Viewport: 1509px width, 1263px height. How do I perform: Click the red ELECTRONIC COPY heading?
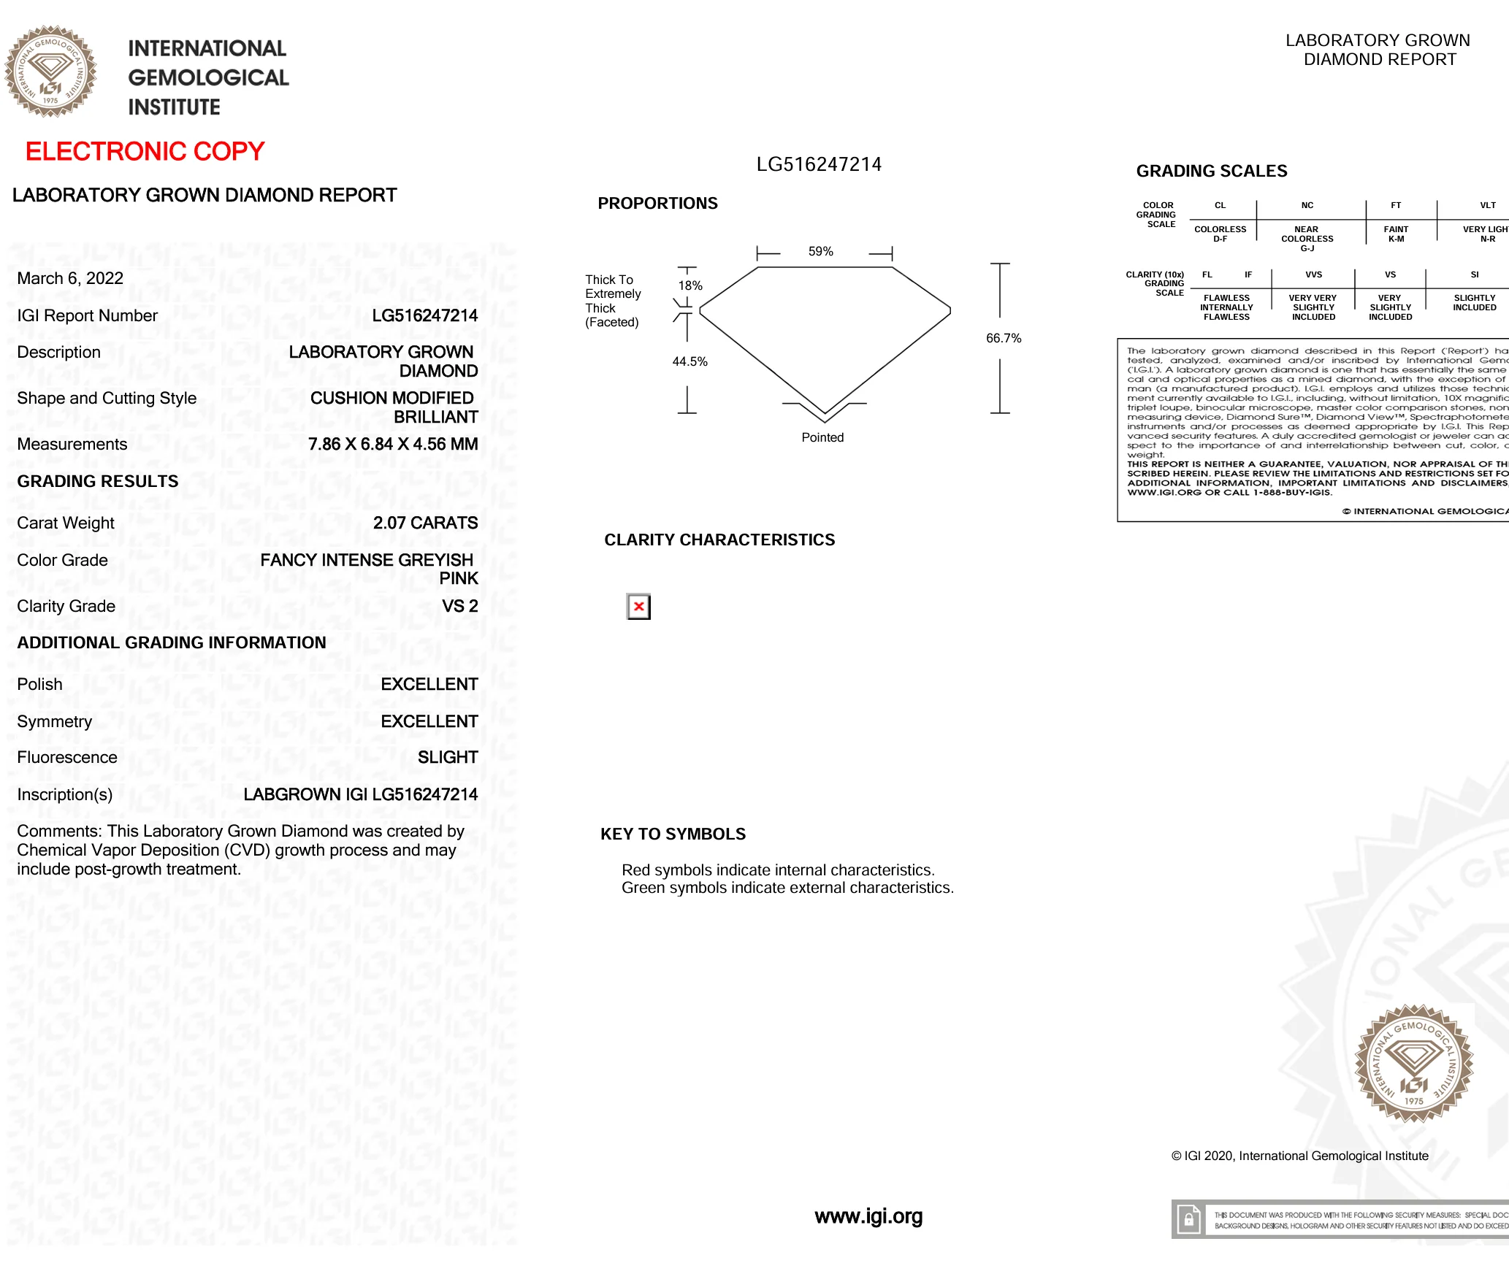click(x=145, y=151)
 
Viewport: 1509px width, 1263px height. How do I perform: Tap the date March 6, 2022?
click(x=70, y=278)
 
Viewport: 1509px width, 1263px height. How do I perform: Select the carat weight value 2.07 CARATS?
click(x=425, y=523)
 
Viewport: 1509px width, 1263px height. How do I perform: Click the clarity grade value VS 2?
click(x=459, y=606)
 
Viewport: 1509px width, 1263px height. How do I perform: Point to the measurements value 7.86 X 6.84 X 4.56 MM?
click(x=393, y=444)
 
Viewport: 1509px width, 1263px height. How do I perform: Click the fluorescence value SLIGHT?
click(x=448, y=757)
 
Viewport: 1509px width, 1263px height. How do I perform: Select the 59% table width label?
click(x=820, y=252)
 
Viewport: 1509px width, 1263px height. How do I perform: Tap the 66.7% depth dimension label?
click(x=1004, y=338)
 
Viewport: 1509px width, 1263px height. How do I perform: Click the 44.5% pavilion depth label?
click(x=689, y=361)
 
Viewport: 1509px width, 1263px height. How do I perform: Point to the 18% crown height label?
click(x=690, y=285)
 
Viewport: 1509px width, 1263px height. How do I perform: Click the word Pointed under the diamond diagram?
click(x=822, y=437)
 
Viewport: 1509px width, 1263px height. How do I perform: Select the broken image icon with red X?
click(x=638, y=607)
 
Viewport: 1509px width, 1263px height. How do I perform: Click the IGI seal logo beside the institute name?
click(x=50, y=72)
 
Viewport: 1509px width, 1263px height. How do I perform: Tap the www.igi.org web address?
click(x=868, y=1216)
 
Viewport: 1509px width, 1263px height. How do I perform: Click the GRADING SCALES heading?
click(x=1211, y=171)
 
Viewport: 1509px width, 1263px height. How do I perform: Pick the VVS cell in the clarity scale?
click(x=1313, y=275)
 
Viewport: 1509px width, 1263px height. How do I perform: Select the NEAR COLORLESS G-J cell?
click(x=1307, y=239)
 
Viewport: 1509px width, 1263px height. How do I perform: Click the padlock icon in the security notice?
click(x=1188, y=1220)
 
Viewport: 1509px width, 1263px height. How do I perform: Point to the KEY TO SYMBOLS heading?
click(x=673, y=834)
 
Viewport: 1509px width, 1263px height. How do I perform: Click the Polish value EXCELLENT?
click(x=429, y=684)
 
